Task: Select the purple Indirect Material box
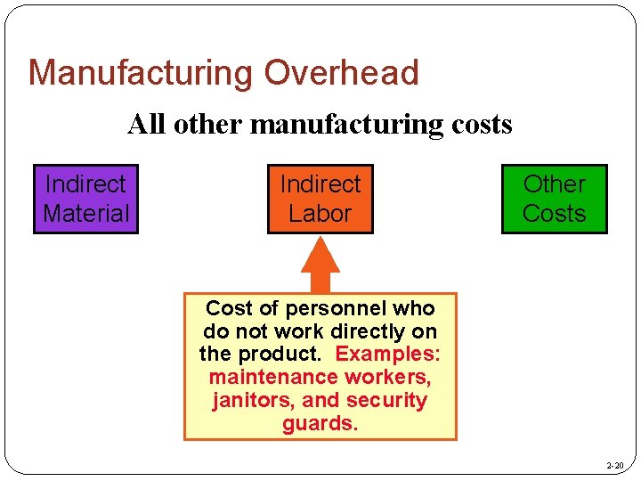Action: (x=86, y=199)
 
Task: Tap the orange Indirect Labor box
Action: (x=320, y=199)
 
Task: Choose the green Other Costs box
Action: (x=554, y=199)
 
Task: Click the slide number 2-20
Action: (x=614, y=466)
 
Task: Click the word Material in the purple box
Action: (x=86, y=214)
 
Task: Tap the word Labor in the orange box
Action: (x=320, y=214)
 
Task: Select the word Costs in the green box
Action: (x=554, y=214)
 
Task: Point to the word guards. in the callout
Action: (x=320, y=424)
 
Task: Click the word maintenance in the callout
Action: (x=261, y=378)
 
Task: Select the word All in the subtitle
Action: (x=148, y=124)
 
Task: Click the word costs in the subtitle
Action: (x=481, y=124)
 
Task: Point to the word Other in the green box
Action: (x=554, y=184)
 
